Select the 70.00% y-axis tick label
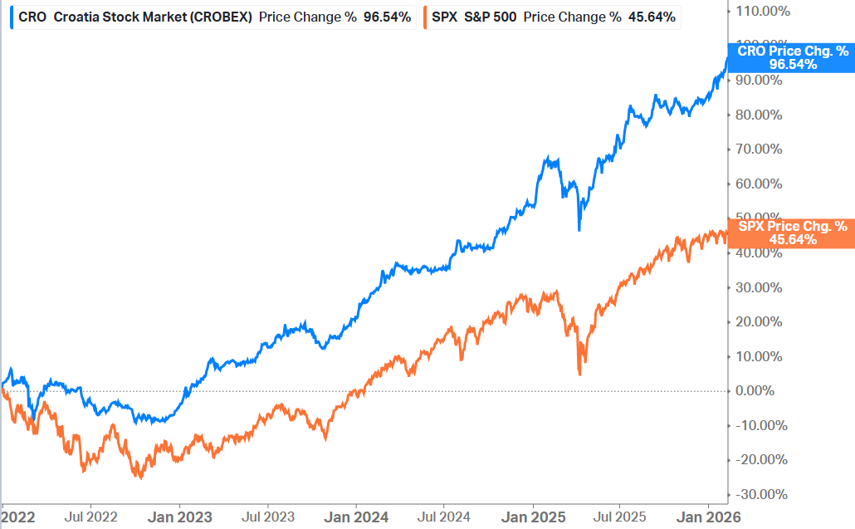[x=760, y=149]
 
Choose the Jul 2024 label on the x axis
[x=443, y=517]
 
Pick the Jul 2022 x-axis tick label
[x=90, y=517]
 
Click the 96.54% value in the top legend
[x=387, y=17]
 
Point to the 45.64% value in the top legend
[x=652, y=17]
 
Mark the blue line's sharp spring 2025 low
[x=579, y=230]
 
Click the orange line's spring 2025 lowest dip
[x=579, y=375]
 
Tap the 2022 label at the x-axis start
[x=18, y=517]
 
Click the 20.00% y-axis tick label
[x=760, y=321]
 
